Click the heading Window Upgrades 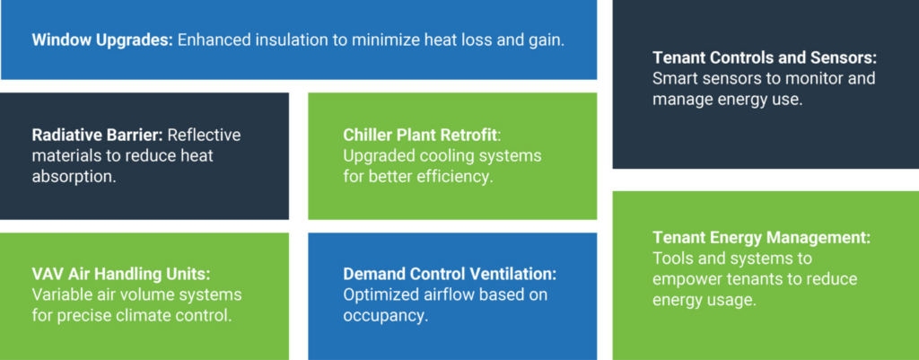[102, 40]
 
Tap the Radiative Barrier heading [97, 135]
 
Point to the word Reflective [204, 135]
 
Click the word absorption [74, 177]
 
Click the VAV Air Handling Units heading [121, 274]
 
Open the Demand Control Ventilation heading [451, 274]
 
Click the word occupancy [386, 315]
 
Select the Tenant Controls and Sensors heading [765, 57]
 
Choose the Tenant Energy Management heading [762, 238]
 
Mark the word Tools [670, 259]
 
